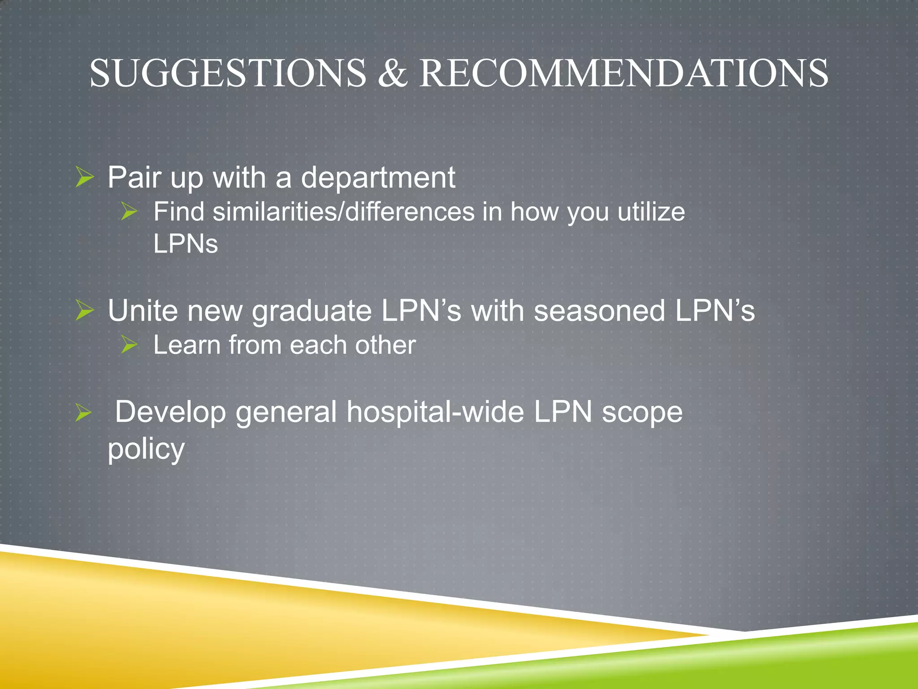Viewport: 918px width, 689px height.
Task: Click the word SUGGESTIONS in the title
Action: (228, 73)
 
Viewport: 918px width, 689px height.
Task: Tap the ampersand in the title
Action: (392, 73)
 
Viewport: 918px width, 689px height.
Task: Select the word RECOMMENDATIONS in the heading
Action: (624, 73)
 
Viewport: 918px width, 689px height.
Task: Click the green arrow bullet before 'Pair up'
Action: (84, 177)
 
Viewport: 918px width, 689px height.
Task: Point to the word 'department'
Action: (378, 178)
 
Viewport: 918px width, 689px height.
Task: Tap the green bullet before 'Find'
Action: (129, 211)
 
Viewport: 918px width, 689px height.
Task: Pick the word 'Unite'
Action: (143, 310)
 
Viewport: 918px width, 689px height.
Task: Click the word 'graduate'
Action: (311, 311)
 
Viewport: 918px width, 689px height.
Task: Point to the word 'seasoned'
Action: (599, 310)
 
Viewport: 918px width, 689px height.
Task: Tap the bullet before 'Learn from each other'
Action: (129, 345)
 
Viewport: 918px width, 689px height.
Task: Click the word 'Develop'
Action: (170, 412)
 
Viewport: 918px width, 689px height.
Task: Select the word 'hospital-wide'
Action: (435, 412)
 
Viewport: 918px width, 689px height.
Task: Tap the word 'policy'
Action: (146, 449)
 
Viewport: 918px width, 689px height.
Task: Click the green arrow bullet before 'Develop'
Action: (83, 412)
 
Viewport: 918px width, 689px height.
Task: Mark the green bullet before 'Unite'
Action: (84, 310)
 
